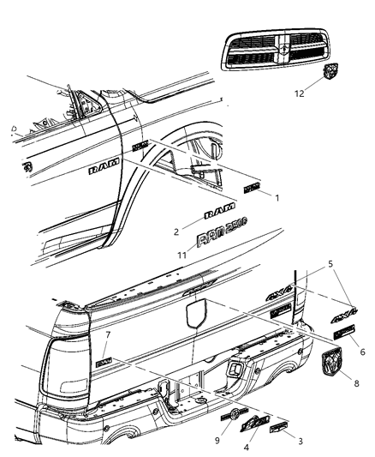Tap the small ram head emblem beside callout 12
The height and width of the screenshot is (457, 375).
click(331, 74)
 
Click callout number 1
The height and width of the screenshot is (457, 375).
click(277, 197)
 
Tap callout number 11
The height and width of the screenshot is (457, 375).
click(181, 255)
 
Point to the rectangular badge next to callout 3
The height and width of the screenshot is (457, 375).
click(279, 426)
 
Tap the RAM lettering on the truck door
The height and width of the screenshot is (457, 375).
click(100, 171)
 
